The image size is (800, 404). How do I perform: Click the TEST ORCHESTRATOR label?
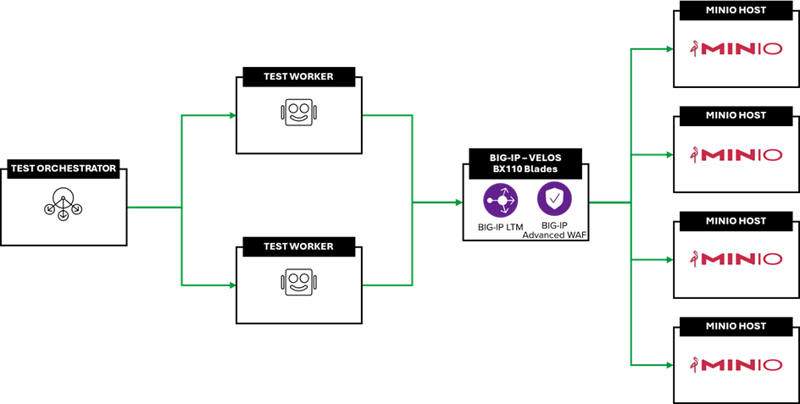coord(64,169)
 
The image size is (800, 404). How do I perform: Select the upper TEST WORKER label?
coord(298,76)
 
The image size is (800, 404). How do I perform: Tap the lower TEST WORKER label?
coord(298,246)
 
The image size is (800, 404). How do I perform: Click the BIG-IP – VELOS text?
coord(526,158)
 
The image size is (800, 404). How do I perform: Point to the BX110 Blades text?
coord(526,169)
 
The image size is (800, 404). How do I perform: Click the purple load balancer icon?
coord(501,200)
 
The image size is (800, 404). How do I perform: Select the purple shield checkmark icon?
coord(554,200)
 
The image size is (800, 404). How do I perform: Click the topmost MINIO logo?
coord(736,49)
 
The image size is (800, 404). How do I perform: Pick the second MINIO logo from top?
coord(736,155)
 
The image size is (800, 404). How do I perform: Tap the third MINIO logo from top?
coord(736,259)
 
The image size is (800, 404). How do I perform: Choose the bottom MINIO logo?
coord(736,365)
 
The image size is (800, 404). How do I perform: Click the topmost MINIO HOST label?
coord(736,10)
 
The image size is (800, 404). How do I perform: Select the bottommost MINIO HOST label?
coord(736,326)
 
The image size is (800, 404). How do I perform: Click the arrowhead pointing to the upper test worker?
coord(231,115)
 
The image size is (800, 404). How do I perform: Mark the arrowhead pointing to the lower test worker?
coord(231,285)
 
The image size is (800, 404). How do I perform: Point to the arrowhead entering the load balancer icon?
coord(458,202)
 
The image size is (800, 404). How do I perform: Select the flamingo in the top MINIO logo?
coord(696,49)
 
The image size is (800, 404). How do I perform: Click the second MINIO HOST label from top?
coord(736,115)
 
